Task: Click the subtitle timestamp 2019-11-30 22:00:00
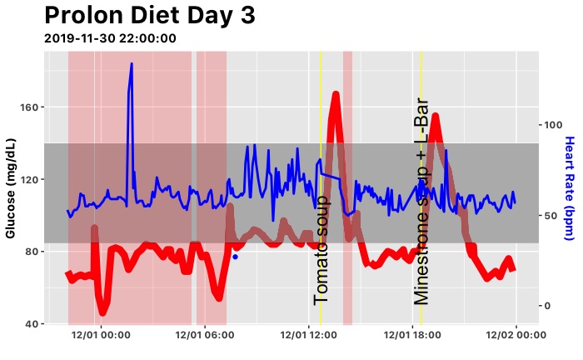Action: tap(109, 38)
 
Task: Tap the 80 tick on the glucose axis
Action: tap(31, 252)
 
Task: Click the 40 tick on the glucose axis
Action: tap(31, 323)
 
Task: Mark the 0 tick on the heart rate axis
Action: tap(546, 305)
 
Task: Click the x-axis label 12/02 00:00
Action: tap(515, 335)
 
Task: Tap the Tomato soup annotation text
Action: tap(321, 249)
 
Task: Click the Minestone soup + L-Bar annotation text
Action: tap(421, 200)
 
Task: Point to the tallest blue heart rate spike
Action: tap(131, 65)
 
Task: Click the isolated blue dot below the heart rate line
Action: tap(235, 257)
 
